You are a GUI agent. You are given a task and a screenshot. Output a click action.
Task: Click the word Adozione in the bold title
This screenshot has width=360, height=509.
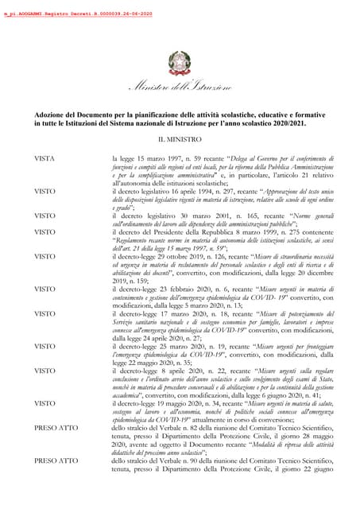coord(51,115)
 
